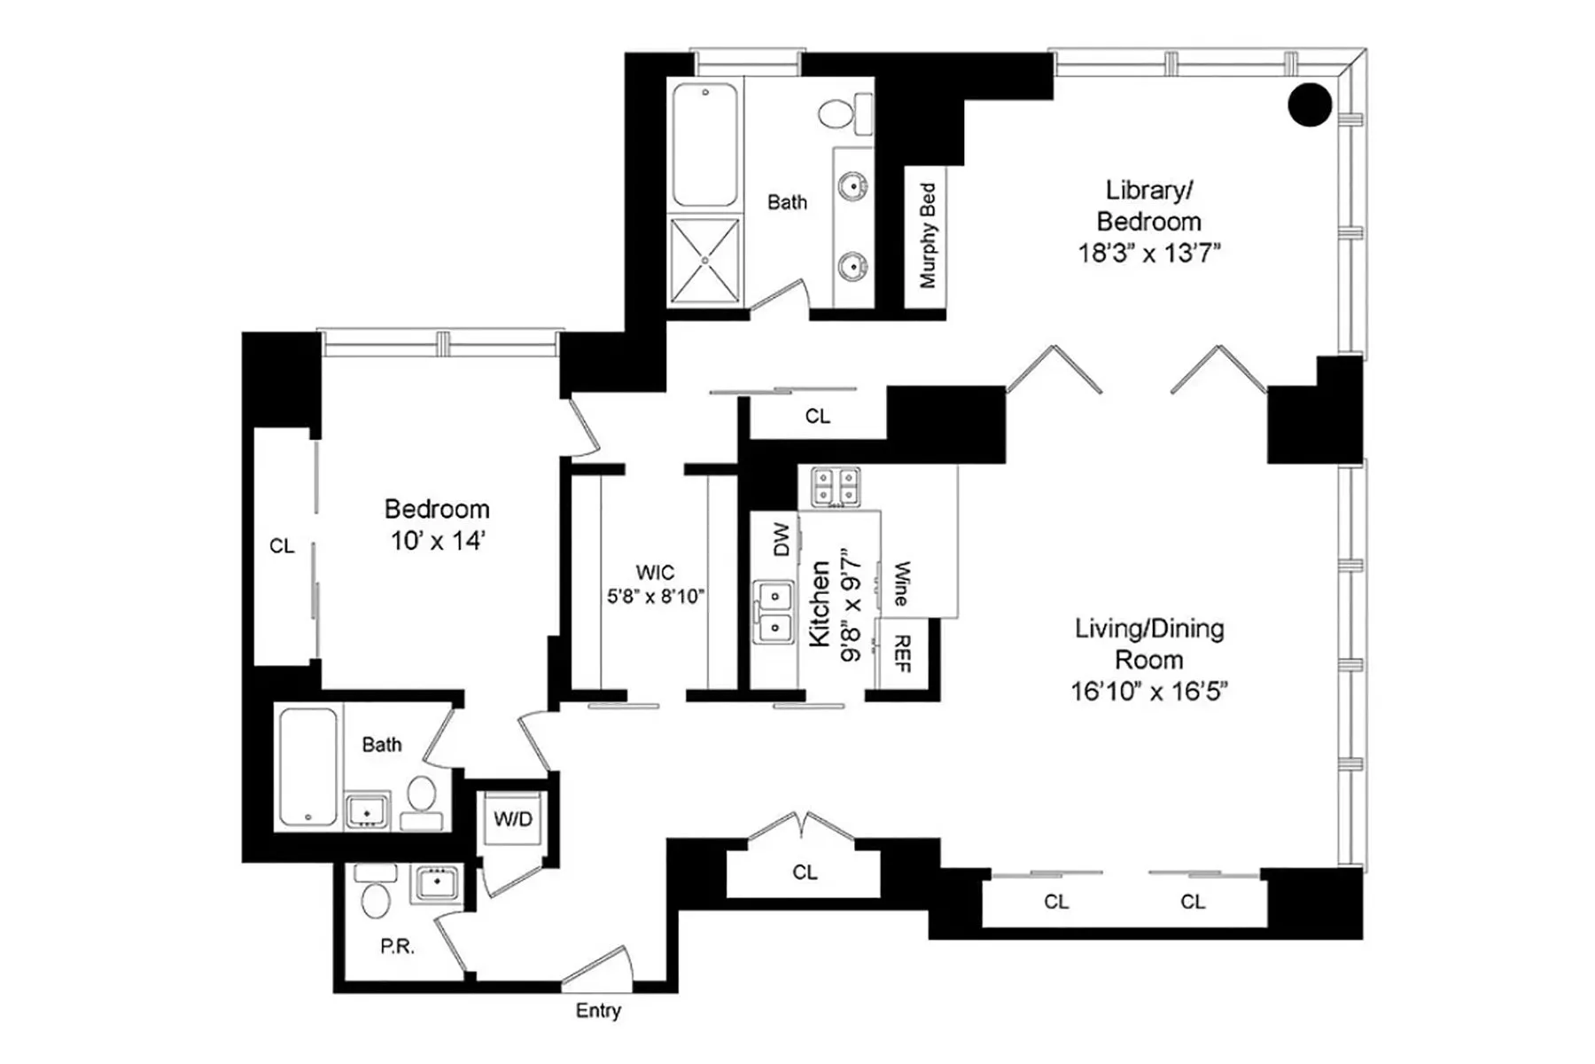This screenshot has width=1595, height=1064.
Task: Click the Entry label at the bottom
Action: tap(598, 1010)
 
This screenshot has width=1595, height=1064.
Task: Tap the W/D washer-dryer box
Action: tap(513, 818)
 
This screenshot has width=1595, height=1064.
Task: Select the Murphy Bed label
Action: tap(927, 235)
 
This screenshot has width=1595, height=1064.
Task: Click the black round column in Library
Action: tap(1309, 105)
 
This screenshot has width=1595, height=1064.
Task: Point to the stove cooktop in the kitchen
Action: tap(835, 487)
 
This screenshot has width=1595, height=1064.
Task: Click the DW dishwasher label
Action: tap(781, 539)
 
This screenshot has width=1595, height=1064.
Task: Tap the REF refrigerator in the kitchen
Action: tap(902, 653)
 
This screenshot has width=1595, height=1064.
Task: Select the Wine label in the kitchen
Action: tap(902, 583)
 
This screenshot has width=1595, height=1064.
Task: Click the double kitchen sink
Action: tap(774, 611)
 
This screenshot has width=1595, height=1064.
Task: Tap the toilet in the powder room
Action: tap(376, 897)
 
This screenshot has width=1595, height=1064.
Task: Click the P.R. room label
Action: tap(397, 946)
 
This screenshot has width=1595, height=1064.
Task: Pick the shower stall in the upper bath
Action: tap(704, 260)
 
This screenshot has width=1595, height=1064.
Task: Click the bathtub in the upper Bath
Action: tap(704, 145)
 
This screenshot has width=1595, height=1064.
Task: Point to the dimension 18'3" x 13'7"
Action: tap(1148, 254)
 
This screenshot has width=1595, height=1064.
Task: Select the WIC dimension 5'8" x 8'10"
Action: tap(655, 597)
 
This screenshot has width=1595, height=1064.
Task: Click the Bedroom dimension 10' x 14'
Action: tap(437, 541)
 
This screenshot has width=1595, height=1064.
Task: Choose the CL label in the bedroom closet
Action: tap(282, 546)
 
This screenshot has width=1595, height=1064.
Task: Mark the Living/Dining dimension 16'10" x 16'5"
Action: tap(1148, 692)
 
